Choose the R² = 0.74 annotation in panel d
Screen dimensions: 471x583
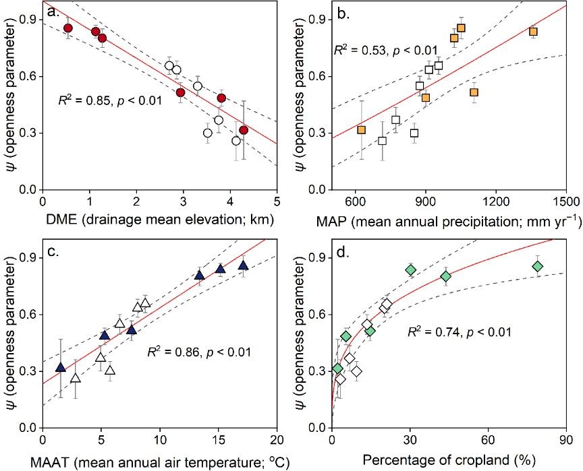(x=458, y=332)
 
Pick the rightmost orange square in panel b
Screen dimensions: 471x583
(x=533, y=32)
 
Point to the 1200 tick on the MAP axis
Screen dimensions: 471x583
(x=496, y=201)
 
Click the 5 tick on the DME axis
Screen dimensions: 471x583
(x=277, y=201)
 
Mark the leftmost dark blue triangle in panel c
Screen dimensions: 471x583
(x=60, y=368)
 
